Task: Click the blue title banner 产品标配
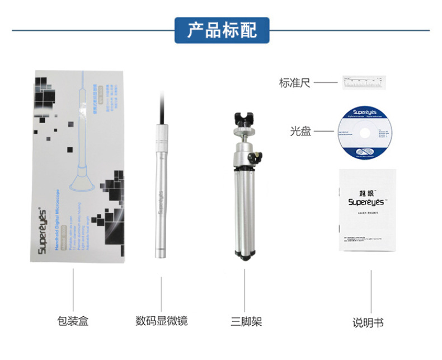222,30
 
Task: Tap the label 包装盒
73,321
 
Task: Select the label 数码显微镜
161,321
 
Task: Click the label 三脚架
246,321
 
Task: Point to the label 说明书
368,322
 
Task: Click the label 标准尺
294,83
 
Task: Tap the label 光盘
300,132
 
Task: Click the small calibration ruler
364,83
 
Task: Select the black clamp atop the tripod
245,120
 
